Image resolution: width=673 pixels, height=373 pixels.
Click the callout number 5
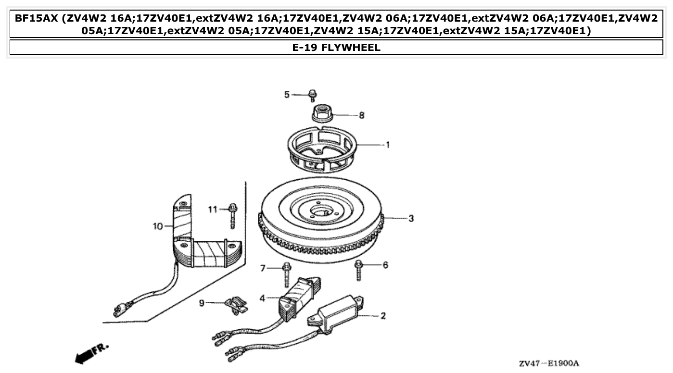point(287,95)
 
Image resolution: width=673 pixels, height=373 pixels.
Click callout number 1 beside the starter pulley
point(388,145)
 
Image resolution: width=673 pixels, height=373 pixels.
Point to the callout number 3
point(411,218)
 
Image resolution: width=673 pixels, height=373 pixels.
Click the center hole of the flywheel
point(319,211)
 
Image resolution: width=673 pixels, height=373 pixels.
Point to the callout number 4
point(262,298)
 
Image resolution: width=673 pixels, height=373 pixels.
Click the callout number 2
point(383,316)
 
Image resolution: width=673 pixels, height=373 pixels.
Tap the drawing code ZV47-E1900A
point(549,363)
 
